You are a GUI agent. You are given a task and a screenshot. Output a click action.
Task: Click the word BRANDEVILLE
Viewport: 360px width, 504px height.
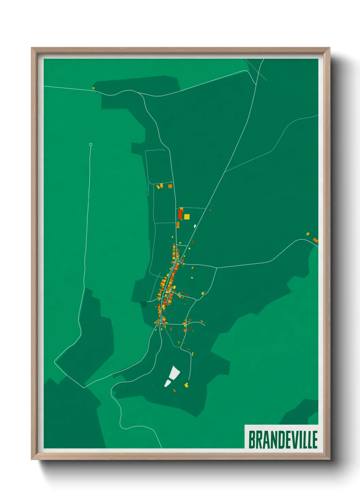click(283, 440)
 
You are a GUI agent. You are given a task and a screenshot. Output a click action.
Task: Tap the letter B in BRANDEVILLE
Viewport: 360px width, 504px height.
click(252, 440)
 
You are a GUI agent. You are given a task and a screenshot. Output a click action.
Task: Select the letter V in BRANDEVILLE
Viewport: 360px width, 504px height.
click(293, 440)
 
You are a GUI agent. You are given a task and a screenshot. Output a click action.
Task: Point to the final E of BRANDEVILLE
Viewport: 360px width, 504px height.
click(314, 440)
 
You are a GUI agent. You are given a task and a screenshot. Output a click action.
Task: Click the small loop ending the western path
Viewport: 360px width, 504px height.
click(91, 144)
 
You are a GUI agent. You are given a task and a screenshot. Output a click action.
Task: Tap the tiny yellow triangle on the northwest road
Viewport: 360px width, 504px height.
click(94, 89)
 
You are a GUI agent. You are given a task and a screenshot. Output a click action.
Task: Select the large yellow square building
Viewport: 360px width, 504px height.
click(187, 217)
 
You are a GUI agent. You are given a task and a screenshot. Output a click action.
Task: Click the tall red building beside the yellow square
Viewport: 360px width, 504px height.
click(180, 214)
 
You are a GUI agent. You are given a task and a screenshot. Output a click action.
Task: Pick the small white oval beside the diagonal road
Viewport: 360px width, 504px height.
click(195, 225)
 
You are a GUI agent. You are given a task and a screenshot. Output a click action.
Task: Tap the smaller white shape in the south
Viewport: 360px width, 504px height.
click(168, 383)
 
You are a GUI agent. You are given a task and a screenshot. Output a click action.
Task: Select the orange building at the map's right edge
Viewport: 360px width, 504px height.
click(315, 240)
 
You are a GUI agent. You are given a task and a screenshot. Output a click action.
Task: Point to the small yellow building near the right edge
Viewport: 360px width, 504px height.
click(308, 234)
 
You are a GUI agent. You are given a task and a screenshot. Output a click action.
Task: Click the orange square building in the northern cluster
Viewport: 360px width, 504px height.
click(170, 186)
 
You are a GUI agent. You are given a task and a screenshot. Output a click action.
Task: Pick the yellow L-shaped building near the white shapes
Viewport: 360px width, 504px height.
click(186, 385)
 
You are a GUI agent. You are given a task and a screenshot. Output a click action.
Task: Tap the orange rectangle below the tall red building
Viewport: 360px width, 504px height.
click(178, 225)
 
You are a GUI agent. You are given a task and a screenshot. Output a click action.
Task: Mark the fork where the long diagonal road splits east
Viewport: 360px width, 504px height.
click(225, 172)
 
